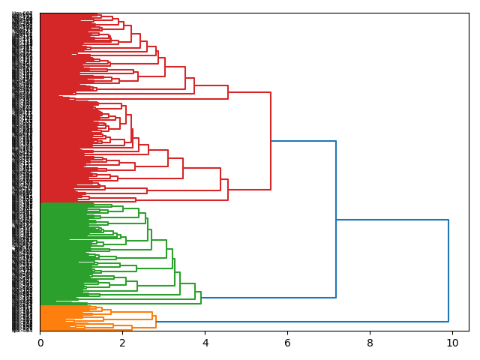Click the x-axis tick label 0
40,343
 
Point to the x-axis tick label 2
123,343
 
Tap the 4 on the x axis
205,343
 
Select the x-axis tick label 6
287,343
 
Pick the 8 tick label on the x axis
370,343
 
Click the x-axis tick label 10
452,343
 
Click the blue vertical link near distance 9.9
448,270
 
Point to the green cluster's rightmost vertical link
201,298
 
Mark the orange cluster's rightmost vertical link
156,322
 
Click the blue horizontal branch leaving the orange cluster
300,322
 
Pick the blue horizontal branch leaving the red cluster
303,141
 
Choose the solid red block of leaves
56,105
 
